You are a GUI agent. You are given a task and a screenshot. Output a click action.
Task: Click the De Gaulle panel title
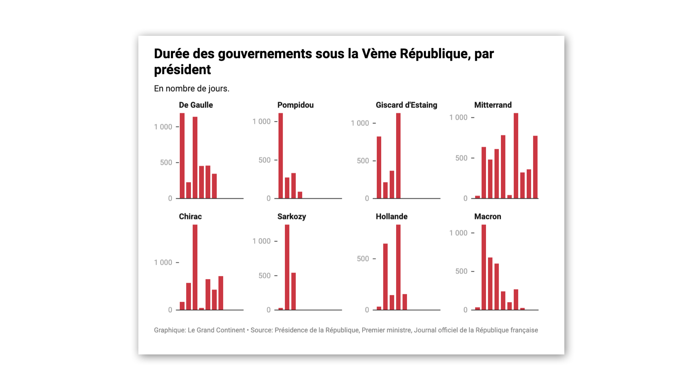(x=196, y=105)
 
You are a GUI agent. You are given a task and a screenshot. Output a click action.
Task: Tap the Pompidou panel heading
(x=295, y=105)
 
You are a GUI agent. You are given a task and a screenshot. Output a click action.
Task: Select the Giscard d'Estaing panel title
(x=406, y=105)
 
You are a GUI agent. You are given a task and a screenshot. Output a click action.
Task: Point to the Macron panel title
(x=488, y=217)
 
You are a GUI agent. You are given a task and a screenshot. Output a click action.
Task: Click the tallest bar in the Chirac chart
(x=195, y=267)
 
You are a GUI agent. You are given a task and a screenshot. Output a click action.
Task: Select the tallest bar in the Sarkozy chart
(x=287, y=267)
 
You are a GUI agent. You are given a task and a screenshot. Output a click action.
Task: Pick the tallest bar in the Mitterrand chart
(x=516, y=156)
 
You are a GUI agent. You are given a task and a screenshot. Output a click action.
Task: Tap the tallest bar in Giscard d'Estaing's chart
(x=398, y=156)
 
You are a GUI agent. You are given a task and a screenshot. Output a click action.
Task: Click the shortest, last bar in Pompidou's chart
(x=300, y=195)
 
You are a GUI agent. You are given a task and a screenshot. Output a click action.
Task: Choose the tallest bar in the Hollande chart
(x=398, y=267)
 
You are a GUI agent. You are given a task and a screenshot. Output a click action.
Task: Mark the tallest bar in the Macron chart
(x=484, y=267)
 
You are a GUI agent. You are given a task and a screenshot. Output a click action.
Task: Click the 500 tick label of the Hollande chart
(x=363, y=259)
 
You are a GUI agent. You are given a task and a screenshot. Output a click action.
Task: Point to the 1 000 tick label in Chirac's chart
(x=163, y=263)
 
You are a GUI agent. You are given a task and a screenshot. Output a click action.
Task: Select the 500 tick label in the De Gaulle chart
(x=166, y=163)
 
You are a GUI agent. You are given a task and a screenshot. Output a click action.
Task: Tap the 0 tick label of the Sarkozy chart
(x=269, y=310)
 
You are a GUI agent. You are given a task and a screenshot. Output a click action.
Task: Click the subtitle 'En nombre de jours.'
(x=192, y=89)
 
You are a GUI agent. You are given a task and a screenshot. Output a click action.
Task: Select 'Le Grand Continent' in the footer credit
(x=216, y=330)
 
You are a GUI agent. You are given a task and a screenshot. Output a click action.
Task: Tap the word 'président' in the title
(x=182, y=70)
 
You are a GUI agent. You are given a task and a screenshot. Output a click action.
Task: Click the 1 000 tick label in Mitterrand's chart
(x=458, y=118)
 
